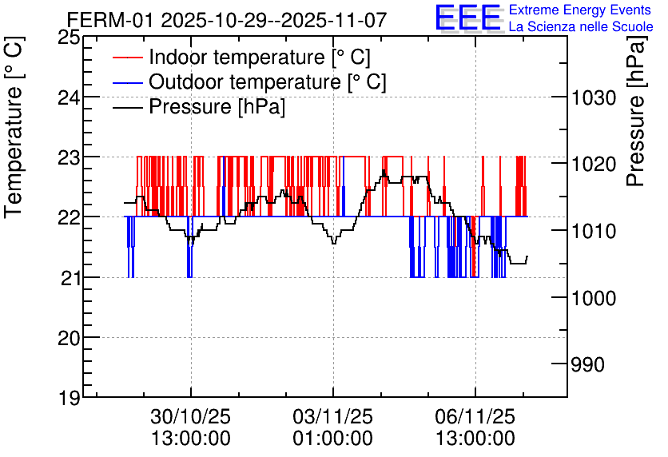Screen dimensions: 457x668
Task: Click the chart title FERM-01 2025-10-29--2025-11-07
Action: [x=227, y=19]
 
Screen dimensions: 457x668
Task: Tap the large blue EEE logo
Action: [x=467, y=18]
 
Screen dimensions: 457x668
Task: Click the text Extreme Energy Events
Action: [x=580, y=10]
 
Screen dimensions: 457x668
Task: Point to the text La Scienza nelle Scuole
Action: [x=580, y=27]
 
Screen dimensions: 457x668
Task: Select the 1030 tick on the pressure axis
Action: [x=592, y=97]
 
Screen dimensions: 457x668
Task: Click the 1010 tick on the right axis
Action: [x=592, y=232]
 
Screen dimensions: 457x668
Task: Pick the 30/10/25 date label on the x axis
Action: [x=191, y=417]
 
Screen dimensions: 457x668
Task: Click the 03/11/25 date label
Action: [x=332, y=417]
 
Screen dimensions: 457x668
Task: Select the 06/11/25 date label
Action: [x=475, y=417]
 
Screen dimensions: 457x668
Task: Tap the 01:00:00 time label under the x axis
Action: [x=332, y=439]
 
